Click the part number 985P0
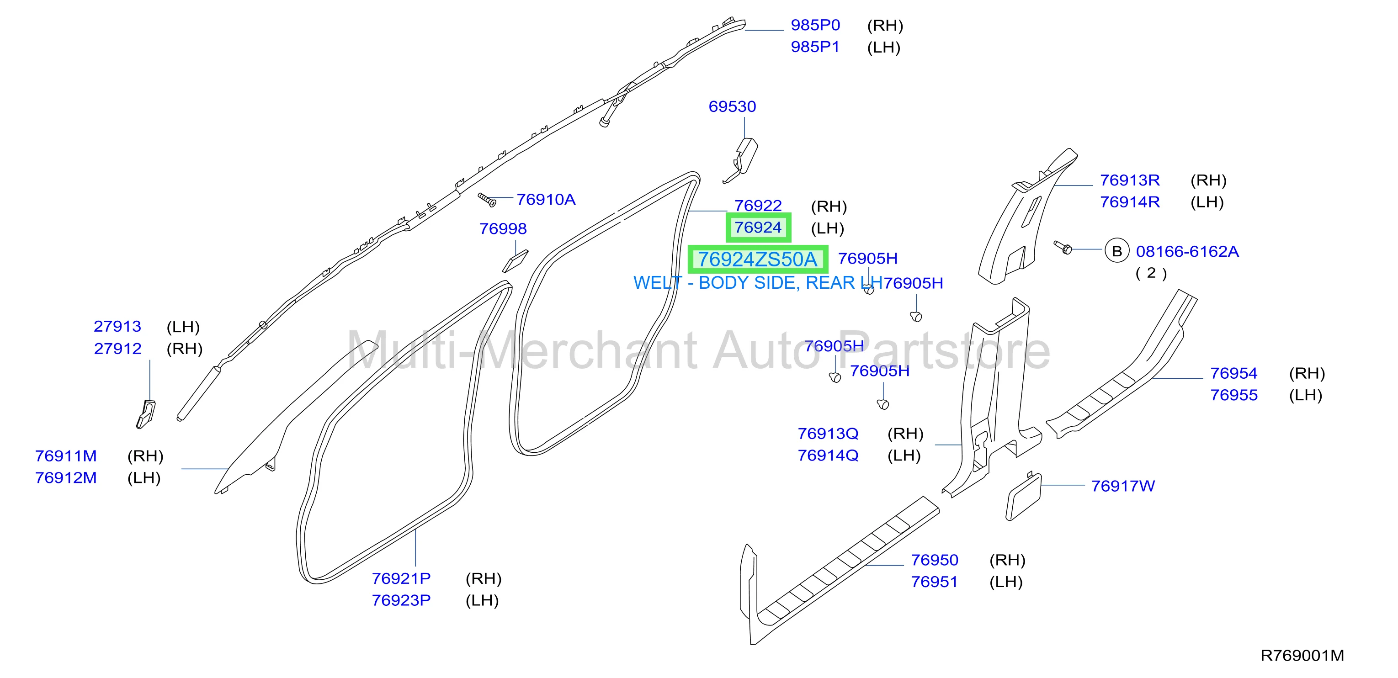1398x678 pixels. tap(815, 25)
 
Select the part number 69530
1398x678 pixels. tap(732, 106)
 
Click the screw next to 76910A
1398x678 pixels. tap(487, 200)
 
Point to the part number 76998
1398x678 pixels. tap(503, 229)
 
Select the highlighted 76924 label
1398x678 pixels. tap(758, 227)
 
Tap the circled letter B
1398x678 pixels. tap(1117, 251)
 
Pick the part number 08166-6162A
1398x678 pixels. tap(1187, 252)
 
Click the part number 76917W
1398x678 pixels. tap(1123, 486)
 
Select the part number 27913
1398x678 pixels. tap(117, 327)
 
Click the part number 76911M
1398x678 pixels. tap(66, 456)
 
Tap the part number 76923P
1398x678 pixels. tap(401, 600)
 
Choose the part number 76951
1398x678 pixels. tap(934, 582)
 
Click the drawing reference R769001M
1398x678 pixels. tap(1302, 656)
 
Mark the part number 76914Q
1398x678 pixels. tap(828, 456)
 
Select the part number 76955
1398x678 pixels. tap(1233, 395)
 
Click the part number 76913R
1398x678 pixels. tap(1129, 180)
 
